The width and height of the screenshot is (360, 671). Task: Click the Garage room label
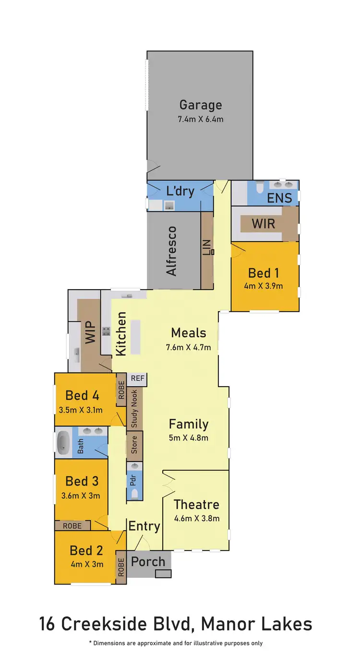point(201,105)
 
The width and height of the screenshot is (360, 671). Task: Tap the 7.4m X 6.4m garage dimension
point(201,119)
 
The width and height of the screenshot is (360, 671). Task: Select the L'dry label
point(180,191)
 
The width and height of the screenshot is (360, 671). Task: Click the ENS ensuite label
point(279,198)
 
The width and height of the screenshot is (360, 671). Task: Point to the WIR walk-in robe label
point(264,223)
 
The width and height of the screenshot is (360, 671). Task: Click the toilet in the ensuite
point(260,186)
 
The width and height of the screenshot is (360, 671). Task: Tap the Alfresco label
point(171,251)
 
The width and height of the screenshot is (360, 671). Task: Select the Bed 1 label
point(264,273)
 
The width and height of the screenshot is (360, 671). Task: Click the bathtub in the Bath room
point(63,442)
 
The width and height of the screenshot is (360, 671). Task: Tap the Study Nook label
point(134,409)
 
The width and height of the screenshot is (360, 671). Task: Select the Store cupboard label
point(134,444)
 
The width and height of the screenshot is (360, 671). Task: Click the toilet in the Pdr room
point(134,493)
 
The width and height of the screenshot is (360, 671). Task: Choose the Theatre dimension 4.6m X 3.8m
point(197,518)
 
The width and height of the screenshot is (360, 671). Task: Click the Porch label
point(148,561)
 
